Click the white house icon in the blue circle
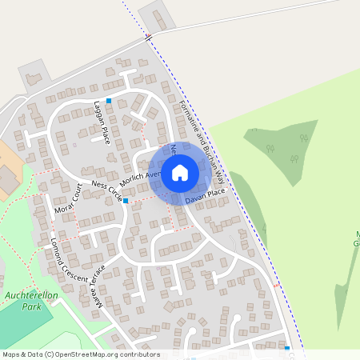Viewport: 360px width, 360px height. coord(180,171)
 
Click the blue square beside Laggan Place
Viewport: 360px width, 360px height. coord(109,101)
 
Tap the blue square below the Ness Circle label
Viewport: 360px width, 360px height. coord(126,201)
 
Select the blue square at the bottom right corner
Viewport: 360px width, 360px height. coord(286,348)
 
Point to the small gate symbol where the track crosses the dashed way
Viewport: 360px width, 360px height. coord(148,38)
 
